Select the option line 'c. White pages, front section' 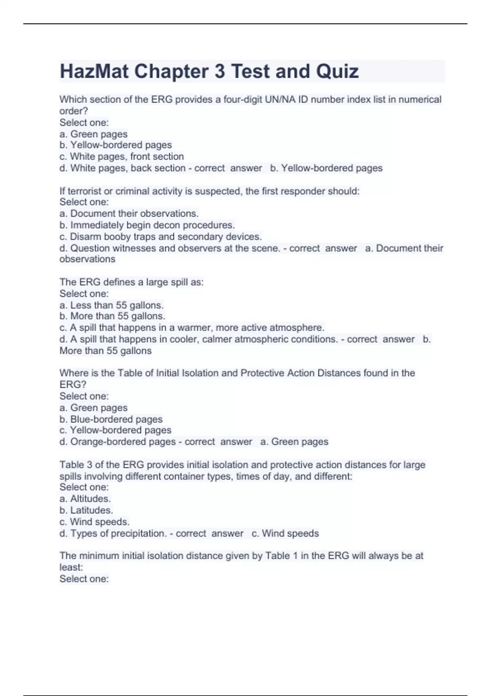[122, 156]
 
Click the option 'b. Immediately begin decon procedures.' [147, 225]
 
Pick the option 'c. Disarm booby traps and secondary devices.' [160, 237]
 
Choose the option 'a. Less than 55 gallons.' [111, 305]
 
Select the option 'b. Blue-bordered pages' [111, 419]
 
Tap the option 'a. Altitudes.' [85, 499]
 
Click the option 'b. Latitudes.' [86, 510]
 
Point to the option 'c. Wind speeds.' [94, 522]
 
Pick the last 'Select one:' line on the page [84, 579]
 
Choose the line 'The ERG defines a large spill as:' [131, 282]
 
